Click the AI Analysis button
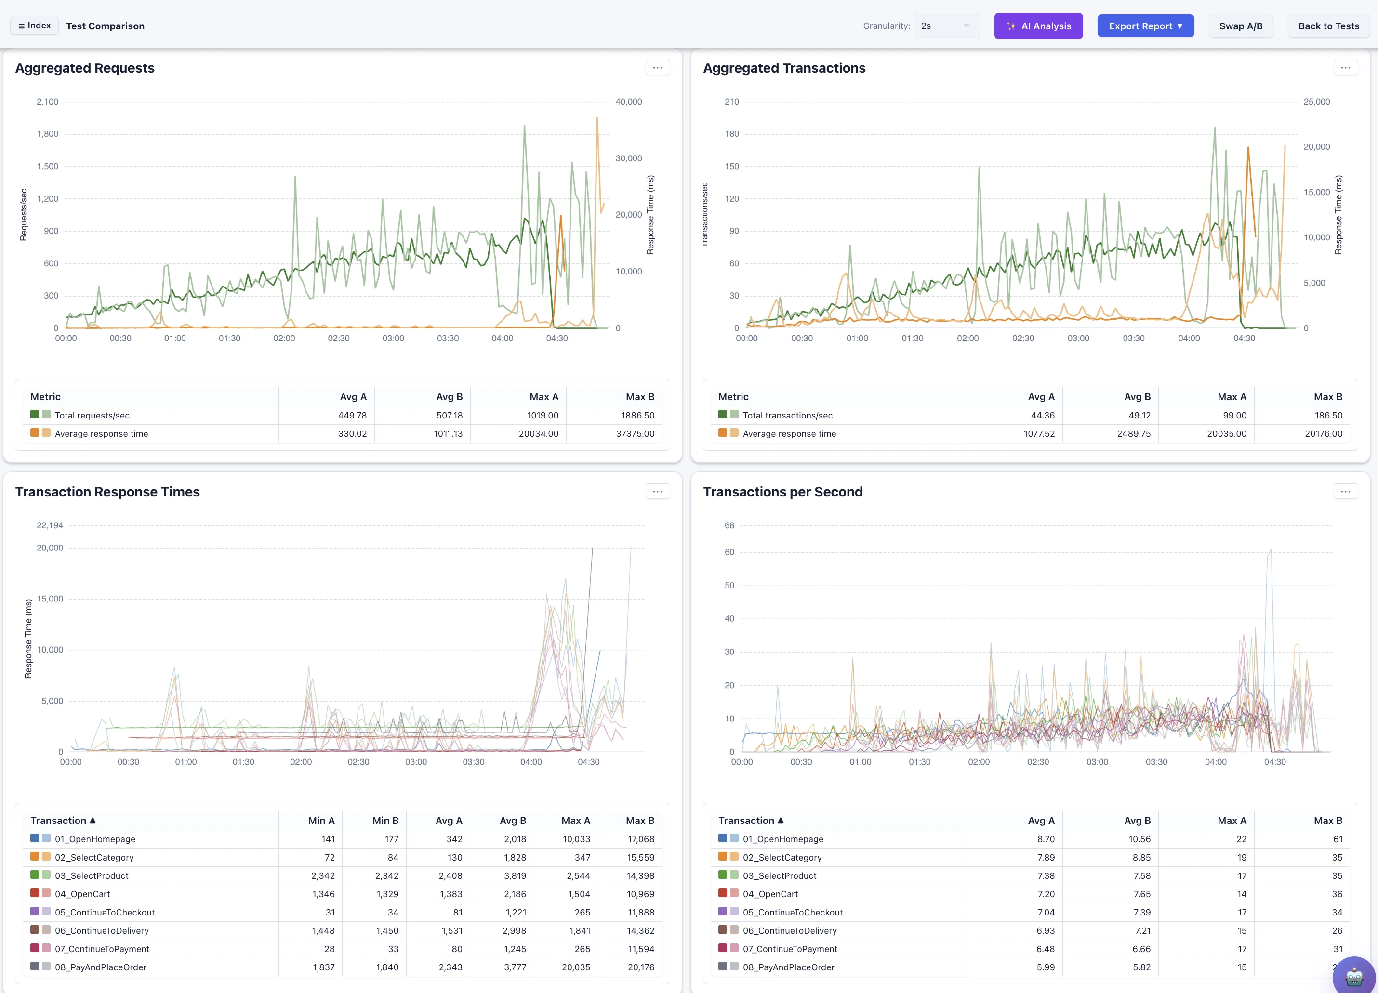1038,26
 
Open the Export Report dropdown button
1145,26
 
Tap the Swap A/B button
1241,26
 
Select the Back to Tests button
1329,26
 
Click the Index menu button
35,26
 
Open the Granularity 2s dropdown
947,26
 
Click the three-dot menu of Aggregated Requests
657,68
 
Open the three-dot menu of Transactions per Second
1345,491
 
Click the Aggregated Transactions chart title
784,68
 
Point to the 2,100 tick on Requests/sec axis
47,102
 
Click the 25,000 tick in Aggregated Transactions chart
1317,102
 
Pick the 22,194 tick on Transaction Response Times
50,525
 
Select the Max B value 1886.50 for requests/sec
638,416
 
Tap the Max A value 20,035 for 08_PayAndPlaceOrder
576,967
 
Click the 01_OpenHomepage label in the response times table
95,839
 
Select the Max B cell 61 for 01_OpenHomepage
1338,839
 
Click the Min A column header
321,821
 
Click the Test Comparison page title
105,26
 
